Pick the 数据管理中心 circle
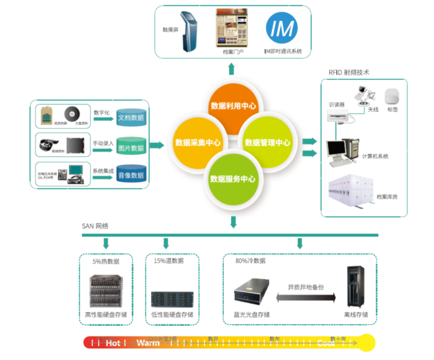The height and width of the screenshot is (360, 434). pos(267,142)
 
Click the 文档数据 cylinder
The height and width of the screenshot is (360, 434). pos(131,118)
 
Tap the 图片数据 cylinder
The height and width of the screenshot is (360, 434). pos(131,148)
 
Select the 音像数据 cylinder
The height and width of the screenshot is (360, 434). pos(131,175)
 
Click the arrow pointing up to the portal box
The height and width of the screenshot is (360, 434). pos(231,70)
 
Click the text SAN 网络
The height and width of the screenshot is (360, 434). pos(96,225)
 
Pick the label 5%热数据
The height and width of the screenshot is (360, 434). pos(106,261)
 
